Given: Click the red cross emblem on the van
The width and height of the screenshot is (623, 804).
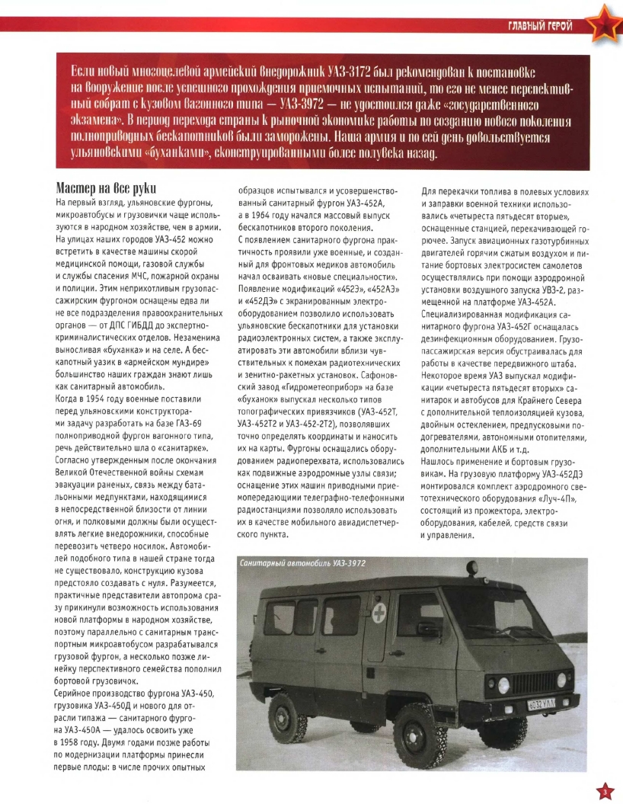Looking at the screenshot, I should (378, 612).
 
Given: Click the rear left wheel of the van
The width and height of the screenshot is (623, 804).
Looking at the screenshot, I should (288, 716).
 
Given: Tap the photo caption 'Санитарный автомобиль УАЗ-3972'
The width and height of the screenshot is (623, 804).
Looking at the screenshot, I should (302, 562).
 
